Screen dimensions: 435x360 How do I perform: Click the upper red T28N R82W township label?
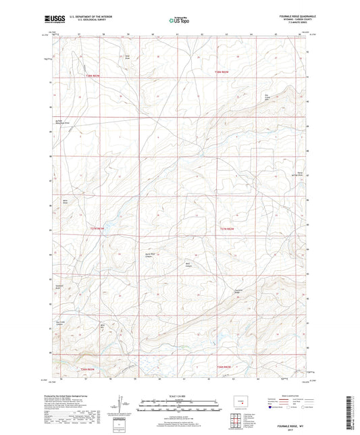coord(224,72)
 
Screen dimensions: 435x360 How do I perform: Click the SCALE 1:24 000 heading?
coord(179,396)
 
